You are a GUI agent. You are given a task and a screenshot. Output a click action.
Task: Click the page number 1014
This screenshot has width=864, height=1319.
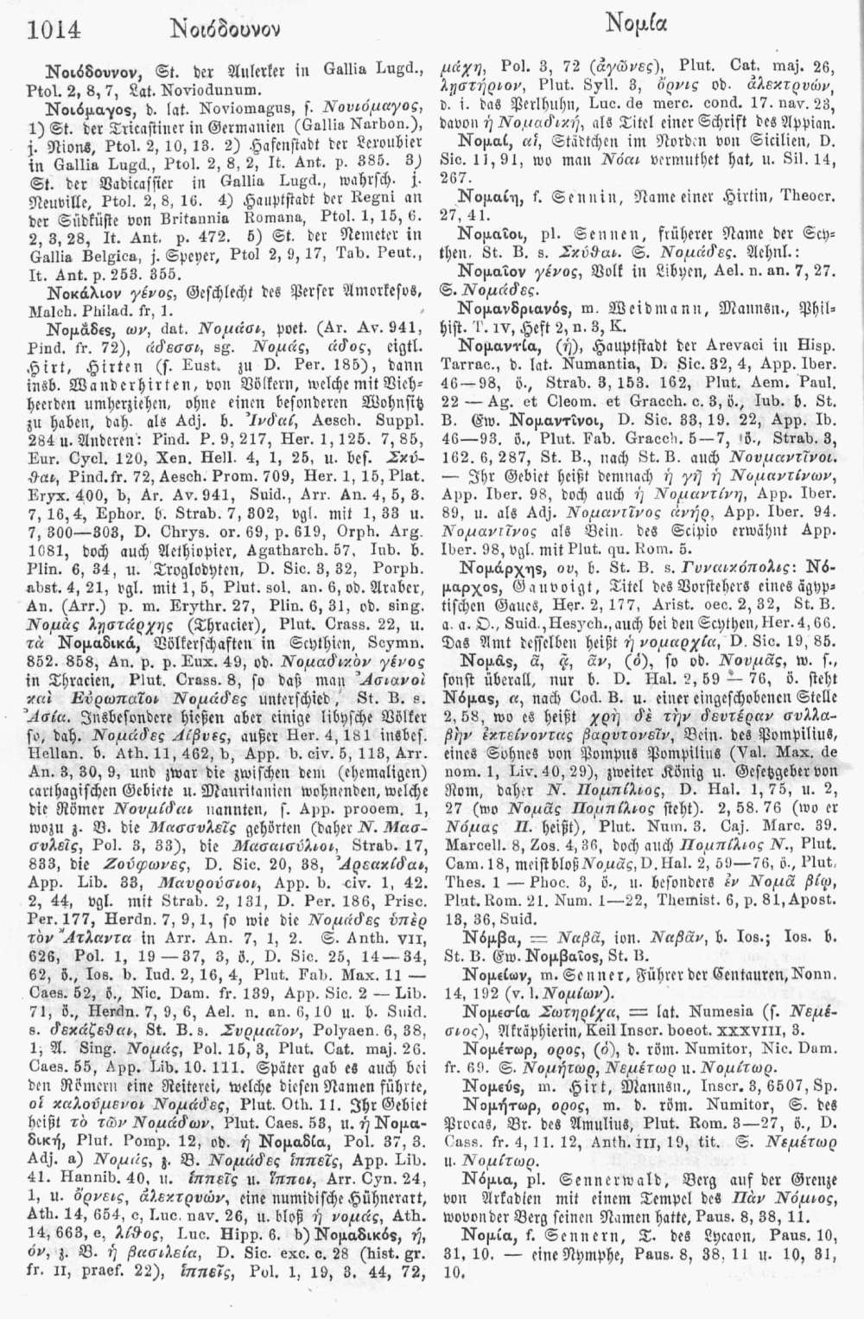pyautogui.click(x=54, y=30)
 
